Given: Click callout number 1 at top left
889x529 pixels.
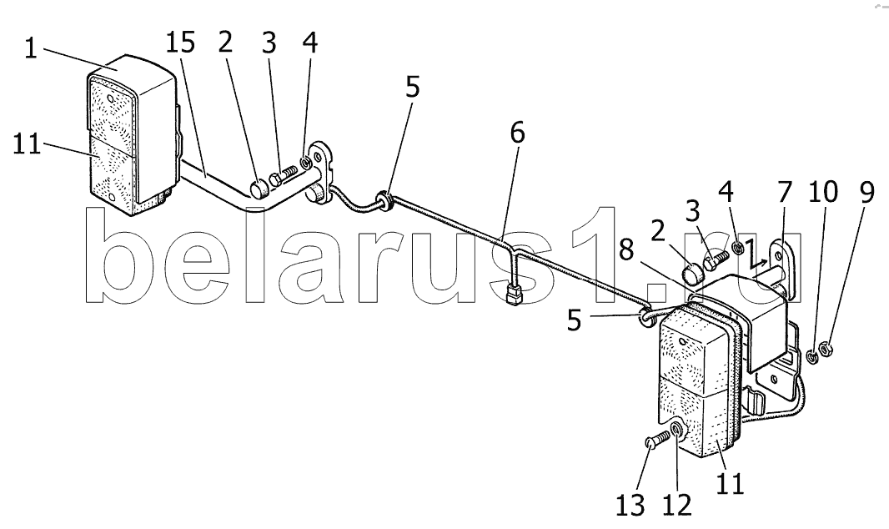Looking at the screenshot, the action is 31,48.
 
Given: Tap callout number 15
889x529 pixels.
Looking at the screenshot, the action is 180,43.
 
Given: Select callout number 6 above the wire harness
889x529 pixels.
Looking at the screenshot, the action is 517,133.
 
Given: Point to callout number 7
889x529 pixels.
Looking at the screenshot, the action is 784,193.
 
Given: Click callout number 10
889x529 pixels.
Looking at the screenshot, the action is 822,193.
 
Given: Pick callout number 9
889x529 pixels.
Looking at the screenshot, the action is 866,193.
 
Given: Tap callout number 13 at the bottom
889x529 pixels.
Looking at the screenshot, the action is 631,505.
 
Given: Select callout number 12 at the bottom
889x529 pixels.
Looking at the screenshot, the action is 676,505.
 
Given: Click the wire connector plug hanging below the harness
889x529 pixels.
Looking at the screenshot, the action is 514,295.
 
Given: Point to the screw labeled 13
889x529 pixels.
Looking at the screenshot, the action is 655,439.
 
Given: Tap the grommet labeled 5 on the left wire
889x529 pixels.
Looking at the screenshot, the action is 384,201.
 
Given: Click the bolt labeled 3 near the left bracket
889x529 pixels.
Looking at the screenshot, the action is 284,176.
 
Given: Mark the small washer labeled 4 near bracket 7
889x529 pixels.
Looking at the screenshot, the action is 737,248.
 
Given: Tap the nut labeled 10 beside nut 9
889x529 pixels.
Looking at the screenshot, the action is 811,356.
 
